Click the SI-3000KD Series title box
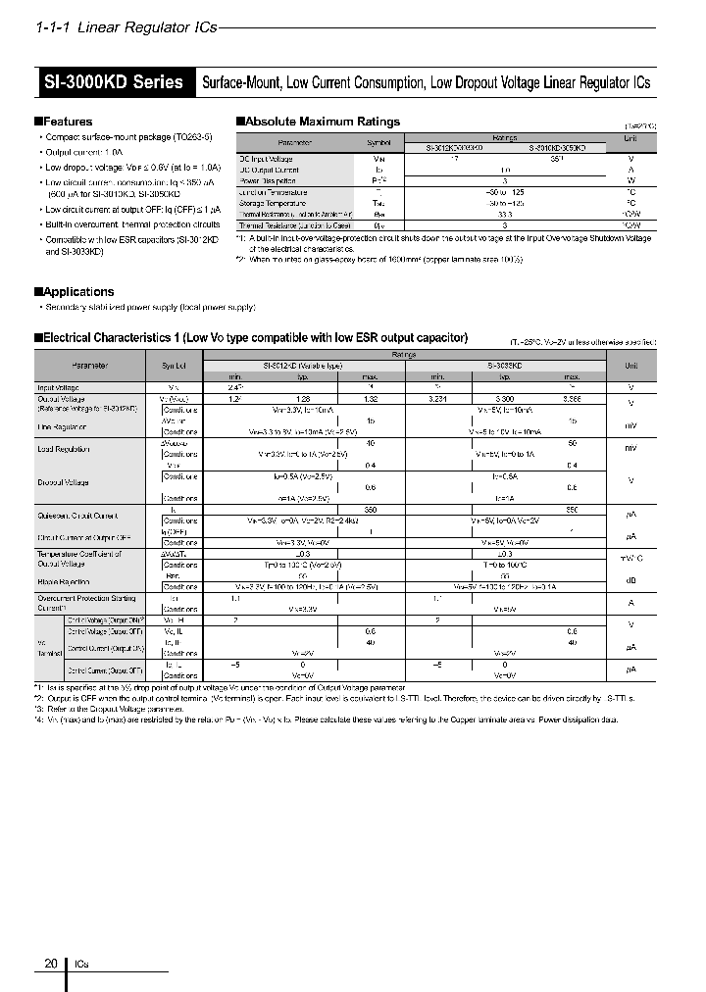(x=114, y=82)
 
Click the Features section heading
(x=67, y=122)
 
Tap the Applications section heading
(x=77, y=292)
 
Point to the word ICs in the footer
(x=81, y=965)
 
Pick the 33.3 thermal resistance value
(x=504, y=214)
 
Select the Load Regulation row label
(x=62, y=448)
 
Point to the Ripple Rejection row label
(x=63, y=580)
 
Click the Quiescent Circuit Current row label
(x=76, y=515)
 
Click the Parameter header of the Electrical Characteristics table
(x=87, y=365)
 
